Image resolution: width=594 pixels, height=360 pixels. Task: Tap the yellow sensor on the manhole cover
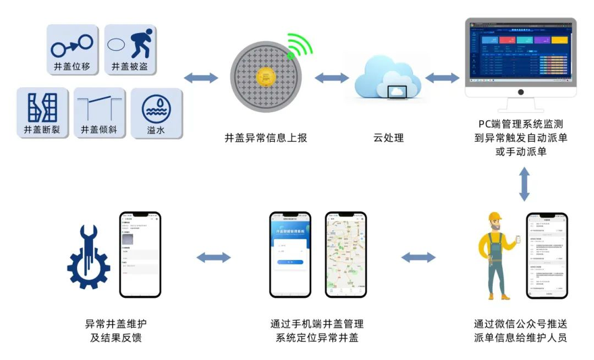268,77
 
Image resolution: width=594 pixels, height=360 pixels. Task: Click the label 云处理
388,138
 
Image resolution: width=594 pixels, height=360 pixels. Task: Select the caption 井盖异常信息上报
266,138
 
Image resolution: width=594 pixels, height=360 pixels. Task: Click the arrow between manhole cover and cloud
331,78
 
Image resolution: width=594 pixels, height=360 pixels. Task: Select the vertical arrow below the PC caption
524,184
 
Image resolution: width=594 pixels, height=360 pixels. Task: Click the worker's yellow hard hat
496,218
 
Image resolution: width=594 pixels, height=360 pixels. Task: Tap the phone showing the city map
345,254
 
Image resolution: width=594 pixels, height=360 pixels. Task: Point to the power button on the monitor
520,92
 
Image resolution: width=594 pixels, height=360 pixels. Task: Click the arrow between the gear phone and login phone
213,257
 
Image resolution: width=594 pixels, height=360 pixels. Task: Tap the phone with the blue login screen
290,254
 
